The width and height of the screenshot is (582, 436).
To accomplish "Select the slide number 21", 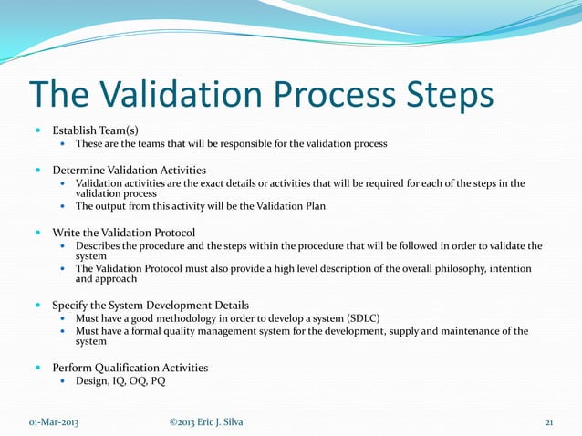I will coord(549,421).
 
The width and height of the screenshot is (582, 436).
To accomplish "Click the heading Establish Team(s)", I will coord(95,130).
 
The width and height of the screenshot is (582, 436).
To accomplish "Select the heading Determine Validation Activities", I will coord(129,170).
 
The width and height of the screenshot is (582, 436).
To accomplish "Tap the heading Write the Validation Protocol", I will coord(123,232).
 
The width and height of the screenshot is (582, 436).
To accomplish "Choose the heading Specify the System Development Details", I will coord(151,305).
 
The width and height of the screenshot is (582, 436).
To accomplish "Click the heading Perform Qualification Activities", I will coord(130,368).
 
